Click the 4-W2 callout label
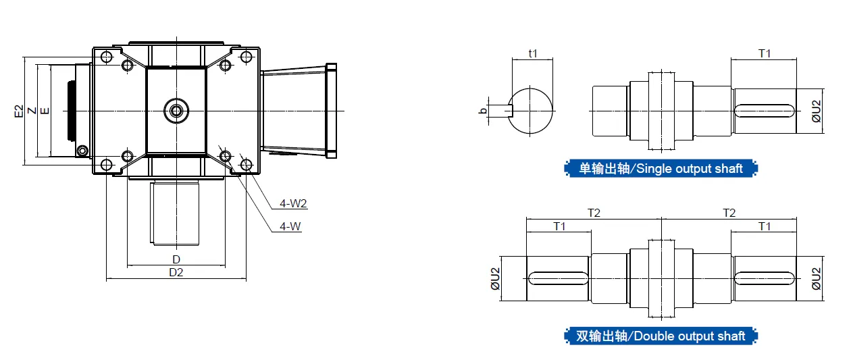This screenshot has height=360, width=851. pyautogui.click(x=294, y=203)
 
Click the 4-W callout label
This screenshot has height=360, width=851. pyautogui.click(x=290, y=227)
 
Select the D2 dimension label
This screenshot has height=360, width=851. pyautogui.click(x=176, y=273)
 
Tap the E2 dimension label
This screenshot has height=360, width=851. pyautogui.click(x=19, y=111)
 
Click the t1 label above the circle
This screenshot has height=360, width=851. pyautogui.click(x=532, y=53)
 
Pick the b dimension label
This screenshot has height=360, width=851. pyautogui.click(x=483, y=110)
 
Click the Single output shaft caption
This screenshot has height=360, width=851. pyautogui.click(x=661, y=169)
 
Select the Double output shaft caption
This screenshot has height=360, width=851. pyautogui.click(x=661, y=336)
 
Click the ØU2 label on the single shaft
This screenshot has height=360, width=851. pyautogui.click(x=816, y=111)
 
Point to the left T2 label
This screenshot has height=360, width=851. pyautogui.click(x=594, y=213)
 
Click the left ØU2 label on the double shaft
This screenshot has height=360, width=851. pyautogui.click(x=495, y=278)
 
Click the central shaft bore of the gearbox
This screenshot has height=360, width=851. pyautogui.click(x=177, y=110)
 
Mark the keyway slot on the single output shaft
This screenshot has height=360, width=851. pyautogui.click(x=765, y=110)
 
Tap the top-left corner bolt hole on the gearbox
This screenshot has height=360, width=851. pyautogui.click(x=106, y=56)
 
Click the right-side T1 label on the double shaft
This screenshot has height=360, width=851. pyautogui.click(x=765, y=226)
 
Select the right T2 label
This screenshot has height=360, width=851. pyautogui.click(x=729, y=213)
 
